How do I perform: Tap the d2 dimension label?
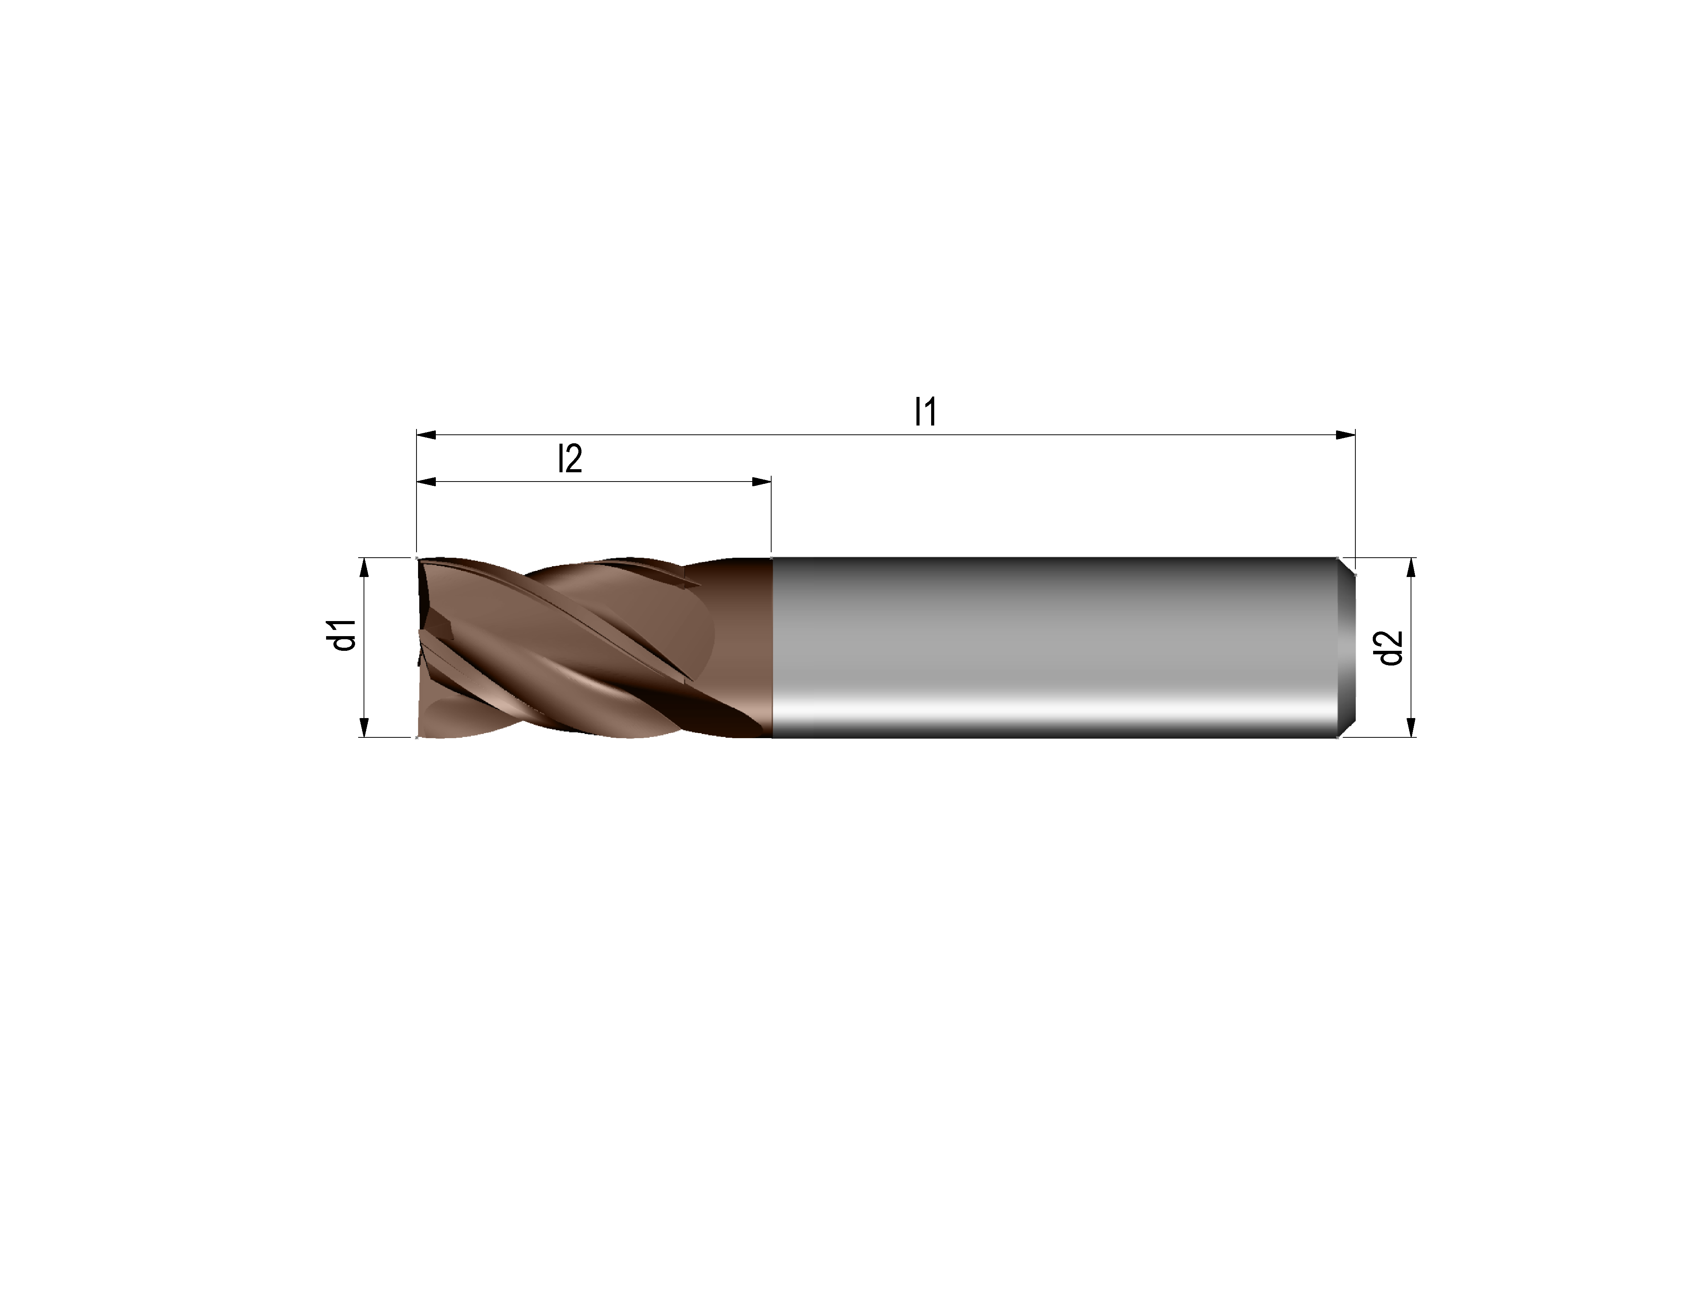pos(1390,648)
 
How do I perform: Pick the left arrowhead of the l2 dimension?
pos(427,483)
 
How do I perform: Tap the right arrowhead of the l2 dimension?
pos(761,483)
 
